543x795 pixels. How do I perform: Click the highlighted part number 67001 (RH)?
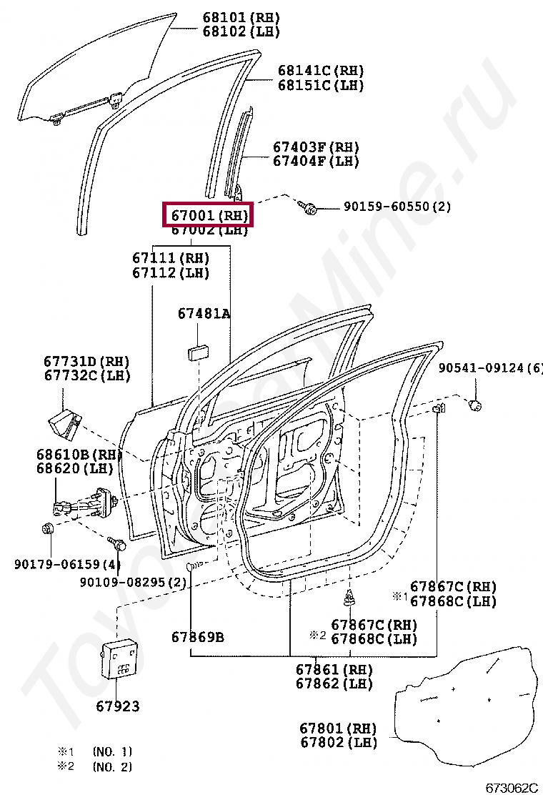[209, 214]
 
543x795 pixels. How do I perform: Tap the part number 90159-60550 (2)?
[397, 207]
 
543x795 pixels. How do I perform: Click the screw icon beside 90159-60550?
[309, 207]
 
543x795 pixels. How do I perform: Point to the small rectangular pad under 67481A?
[197, 350]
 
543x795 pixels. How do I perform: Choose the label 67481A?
[204, 313]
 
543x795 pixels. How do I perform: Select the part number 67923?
[118, 706]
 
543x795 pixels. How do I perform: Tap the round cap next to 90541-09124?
[474, 406]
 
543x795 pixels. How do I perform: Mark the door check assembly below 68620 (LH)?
[82, 502]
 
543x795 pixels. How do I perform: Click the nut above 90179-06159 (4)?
[48, 530]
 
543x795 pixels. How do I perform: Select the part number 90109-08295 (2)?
[133, 583]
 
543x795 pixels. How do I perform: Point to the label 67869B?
[198, 636]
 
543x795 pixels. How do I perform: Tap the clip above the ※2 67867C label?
[349, 598]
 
